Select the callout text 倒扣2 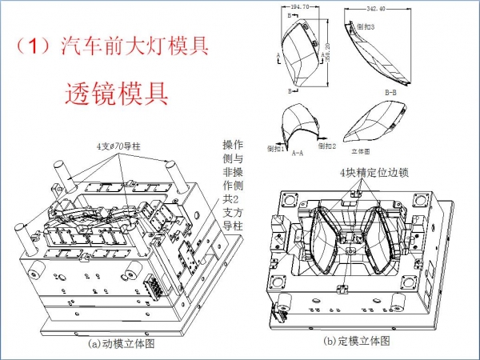tap(326, 146)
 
